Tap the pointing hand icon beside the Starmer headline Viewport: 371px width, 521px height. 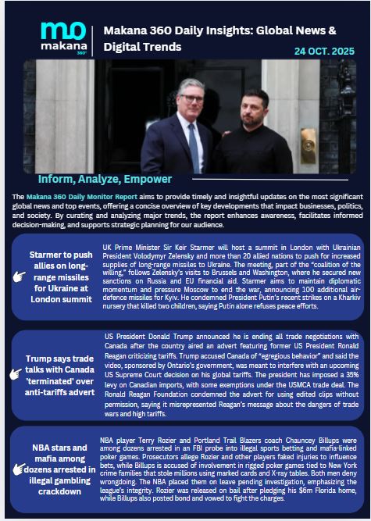click(20, 275)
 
